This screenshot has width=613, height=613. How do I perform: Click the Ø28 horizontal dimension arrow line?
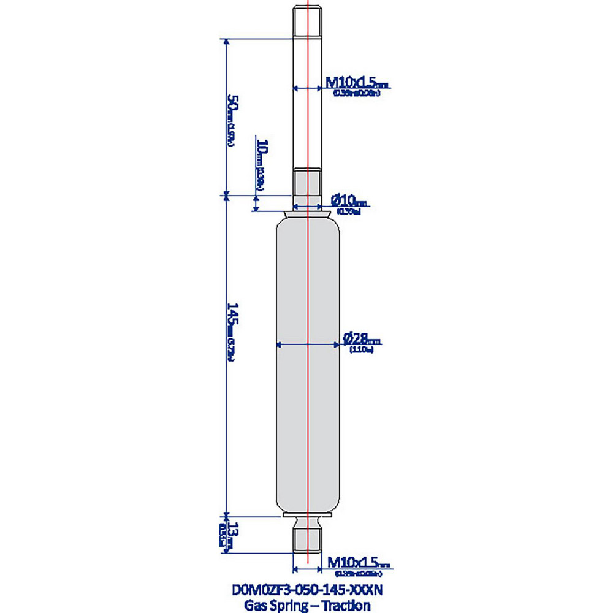coord(307,345)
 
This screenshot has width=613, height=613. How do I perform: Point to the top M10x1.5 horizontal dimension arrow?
coord(307,88)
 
